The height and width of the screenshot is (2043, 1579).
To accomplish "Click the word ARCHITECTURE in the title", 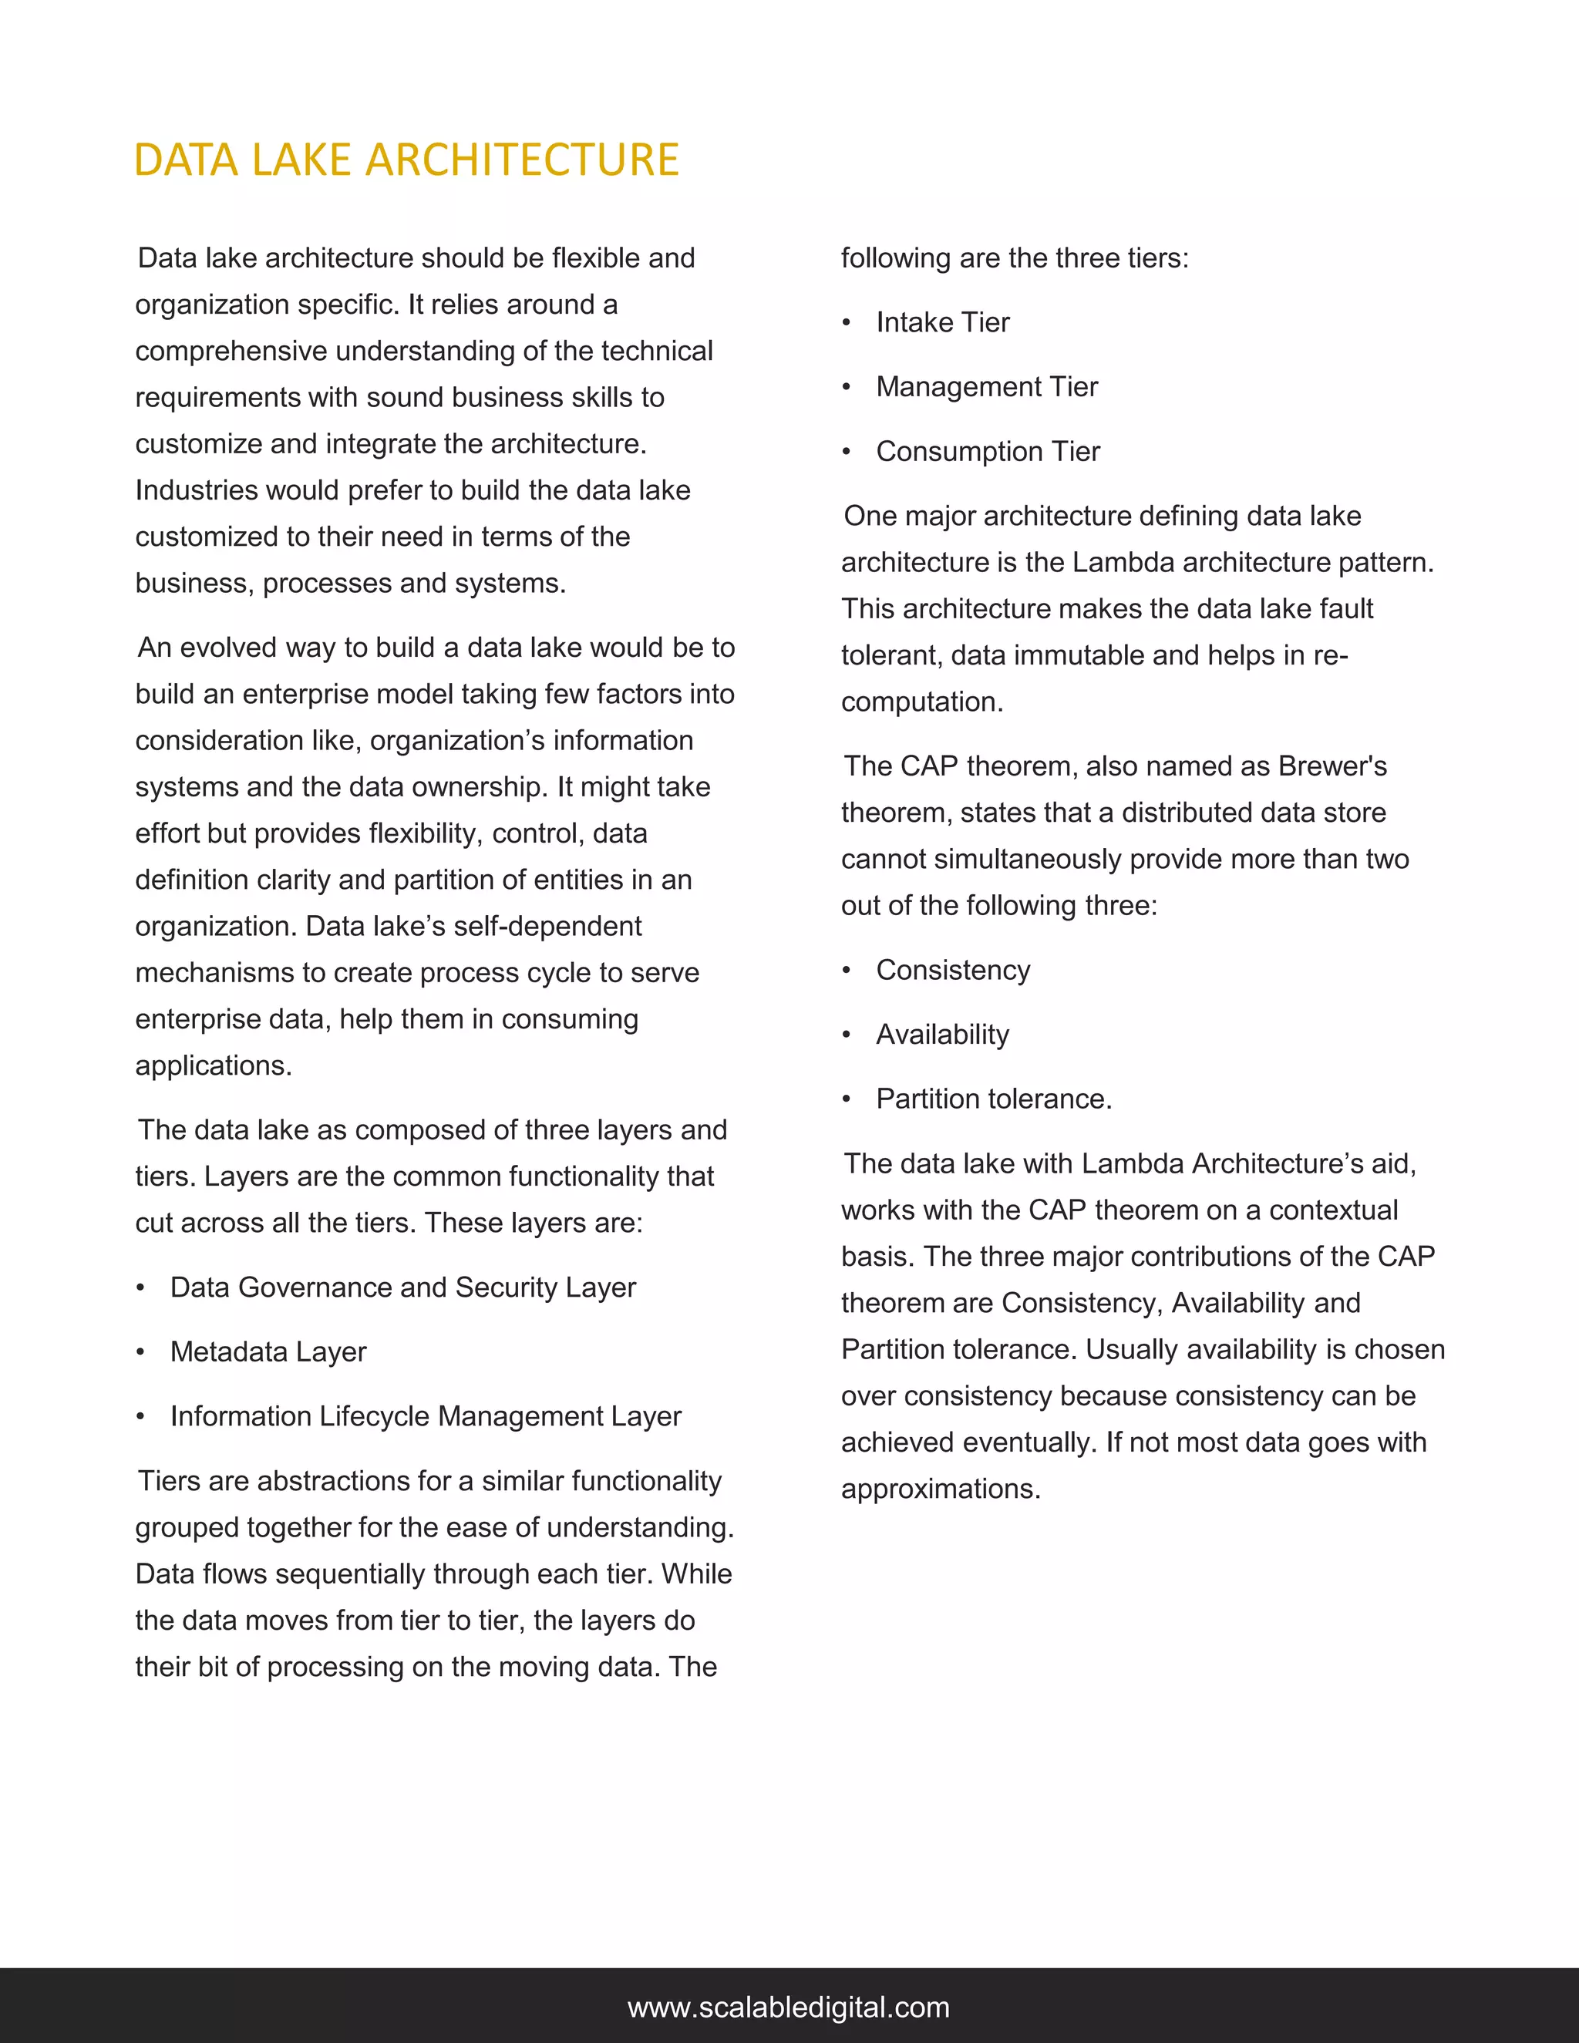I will tap(522, 160).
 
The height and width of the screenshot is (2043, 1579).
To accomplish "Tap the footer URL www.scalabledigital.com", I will tap(789, 2007).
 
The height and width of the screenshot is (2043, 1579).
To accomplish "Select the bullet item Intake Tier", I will tap(942, 323).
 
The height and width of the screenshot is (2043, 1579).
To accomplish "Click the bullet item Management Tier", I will tap(986, 387).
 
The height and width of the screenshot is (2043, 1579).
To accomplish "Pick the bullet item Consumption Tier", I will tap(987, 452).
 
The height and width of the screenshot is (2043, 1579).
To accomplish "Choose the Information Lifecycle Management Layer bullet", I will tap(425, 1416).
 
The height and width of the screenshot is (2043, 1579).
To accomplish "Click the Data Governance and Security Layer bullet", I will tap(402, 1287).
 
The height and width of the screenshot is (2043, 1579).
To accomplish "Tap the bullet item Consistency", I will tap(952, 970).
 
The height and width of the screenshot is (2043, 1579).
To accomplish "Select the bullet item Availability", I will tap(942, 1035).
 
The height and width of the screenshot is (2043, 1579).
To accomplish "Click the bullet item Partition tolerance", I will tap(993, 1099).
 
